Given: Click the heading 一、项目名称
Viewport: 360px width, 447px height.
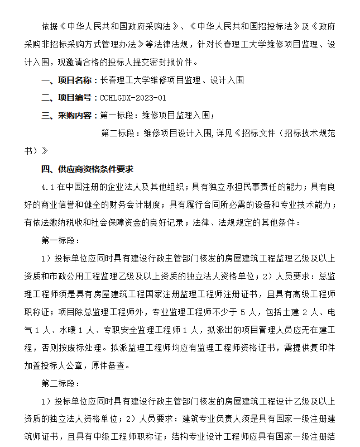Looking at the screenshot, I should coord(69,80).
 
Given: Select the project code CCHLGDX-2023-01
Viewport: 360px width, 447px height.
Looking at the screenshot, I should coord(133,98).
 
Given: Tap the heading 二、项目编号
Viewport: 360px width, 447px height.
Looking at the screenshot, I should coord(69,98).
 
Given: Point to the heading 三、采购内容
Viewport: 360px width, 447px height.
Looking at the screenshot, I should coord(69,116).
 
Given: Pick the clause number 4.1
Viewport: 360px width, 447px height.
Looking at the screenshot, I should coord(47,187).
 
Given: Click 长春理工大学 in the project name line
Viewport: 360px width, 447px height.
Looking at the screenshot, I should coord(123,80).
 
